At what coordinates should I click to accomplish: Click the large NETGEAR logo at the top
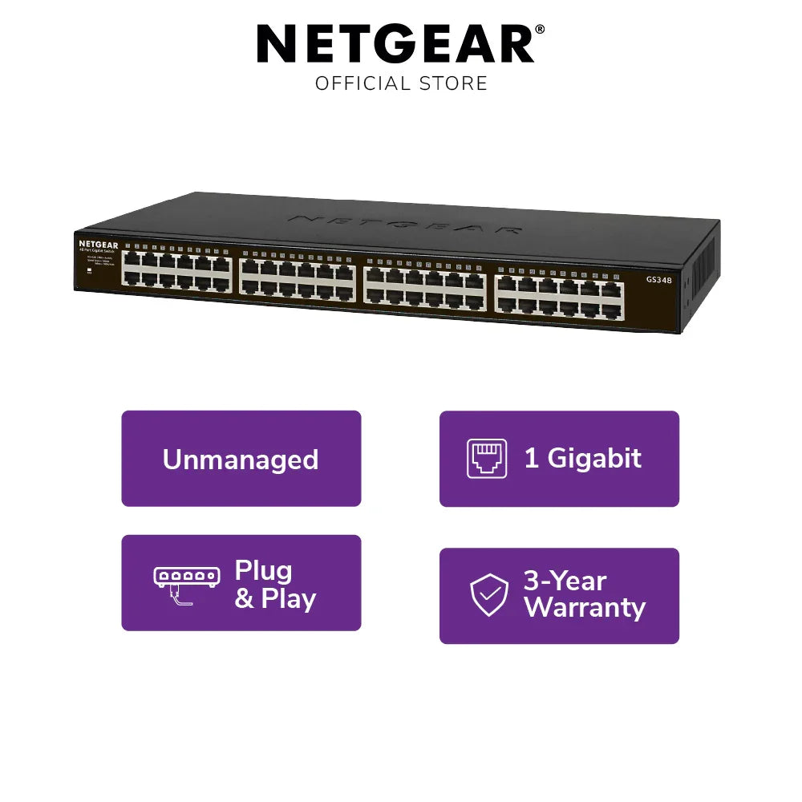point(395,45)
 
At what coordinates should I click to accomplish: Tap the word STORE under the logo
point(455,83)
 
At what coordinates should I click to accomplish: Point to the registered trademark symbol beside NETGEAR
point(540,30)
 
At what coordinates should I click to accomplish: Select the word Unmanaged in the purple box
point(241,460)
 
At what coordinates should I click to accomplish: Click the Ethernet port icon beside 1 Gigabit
point(488,459)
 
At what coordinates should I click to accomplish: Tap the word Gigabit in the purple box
point(594,459)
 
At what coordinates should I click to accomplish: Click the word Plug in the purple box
point(263,570)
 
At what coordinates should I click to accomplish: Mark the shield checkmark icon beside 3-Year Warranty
point(489,595)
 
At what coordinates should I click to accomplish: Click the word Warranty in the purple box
point(585,608)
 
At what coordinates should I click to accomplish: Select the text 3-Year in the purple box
point(565,581)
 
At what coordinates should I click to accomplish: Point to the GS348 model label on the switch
point(658,280)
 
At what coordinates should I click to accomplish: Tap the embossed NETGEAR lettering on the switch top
point(405,223)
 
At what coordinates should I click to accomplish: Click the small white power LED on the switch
point(88,269)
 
